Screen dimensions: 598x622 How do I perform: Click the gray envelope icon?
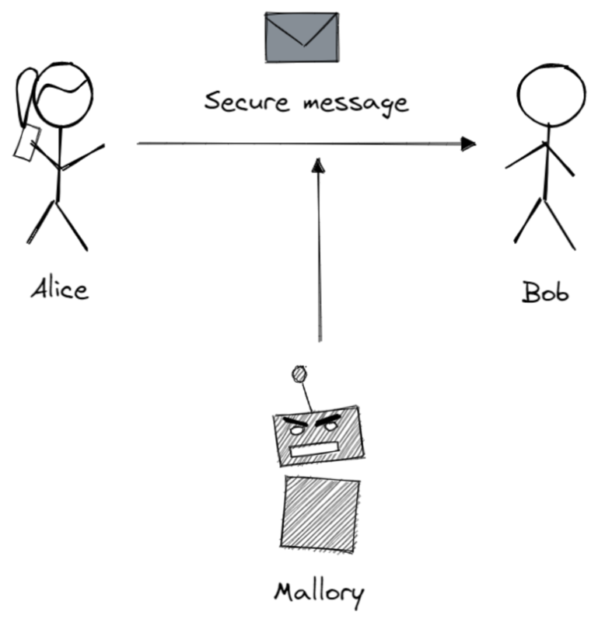tap(301, 36)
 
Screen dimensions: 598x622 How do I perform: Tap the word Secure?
tap(236, 102)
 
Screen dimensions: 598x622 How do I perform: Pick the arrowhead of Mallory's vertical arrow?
tap(316, 164)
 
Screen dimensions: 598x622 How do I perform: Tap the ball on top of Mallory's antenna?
tap(299, 374)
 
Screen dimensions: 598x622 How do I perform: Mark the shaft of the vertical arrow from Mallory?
tap(317, 256)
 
